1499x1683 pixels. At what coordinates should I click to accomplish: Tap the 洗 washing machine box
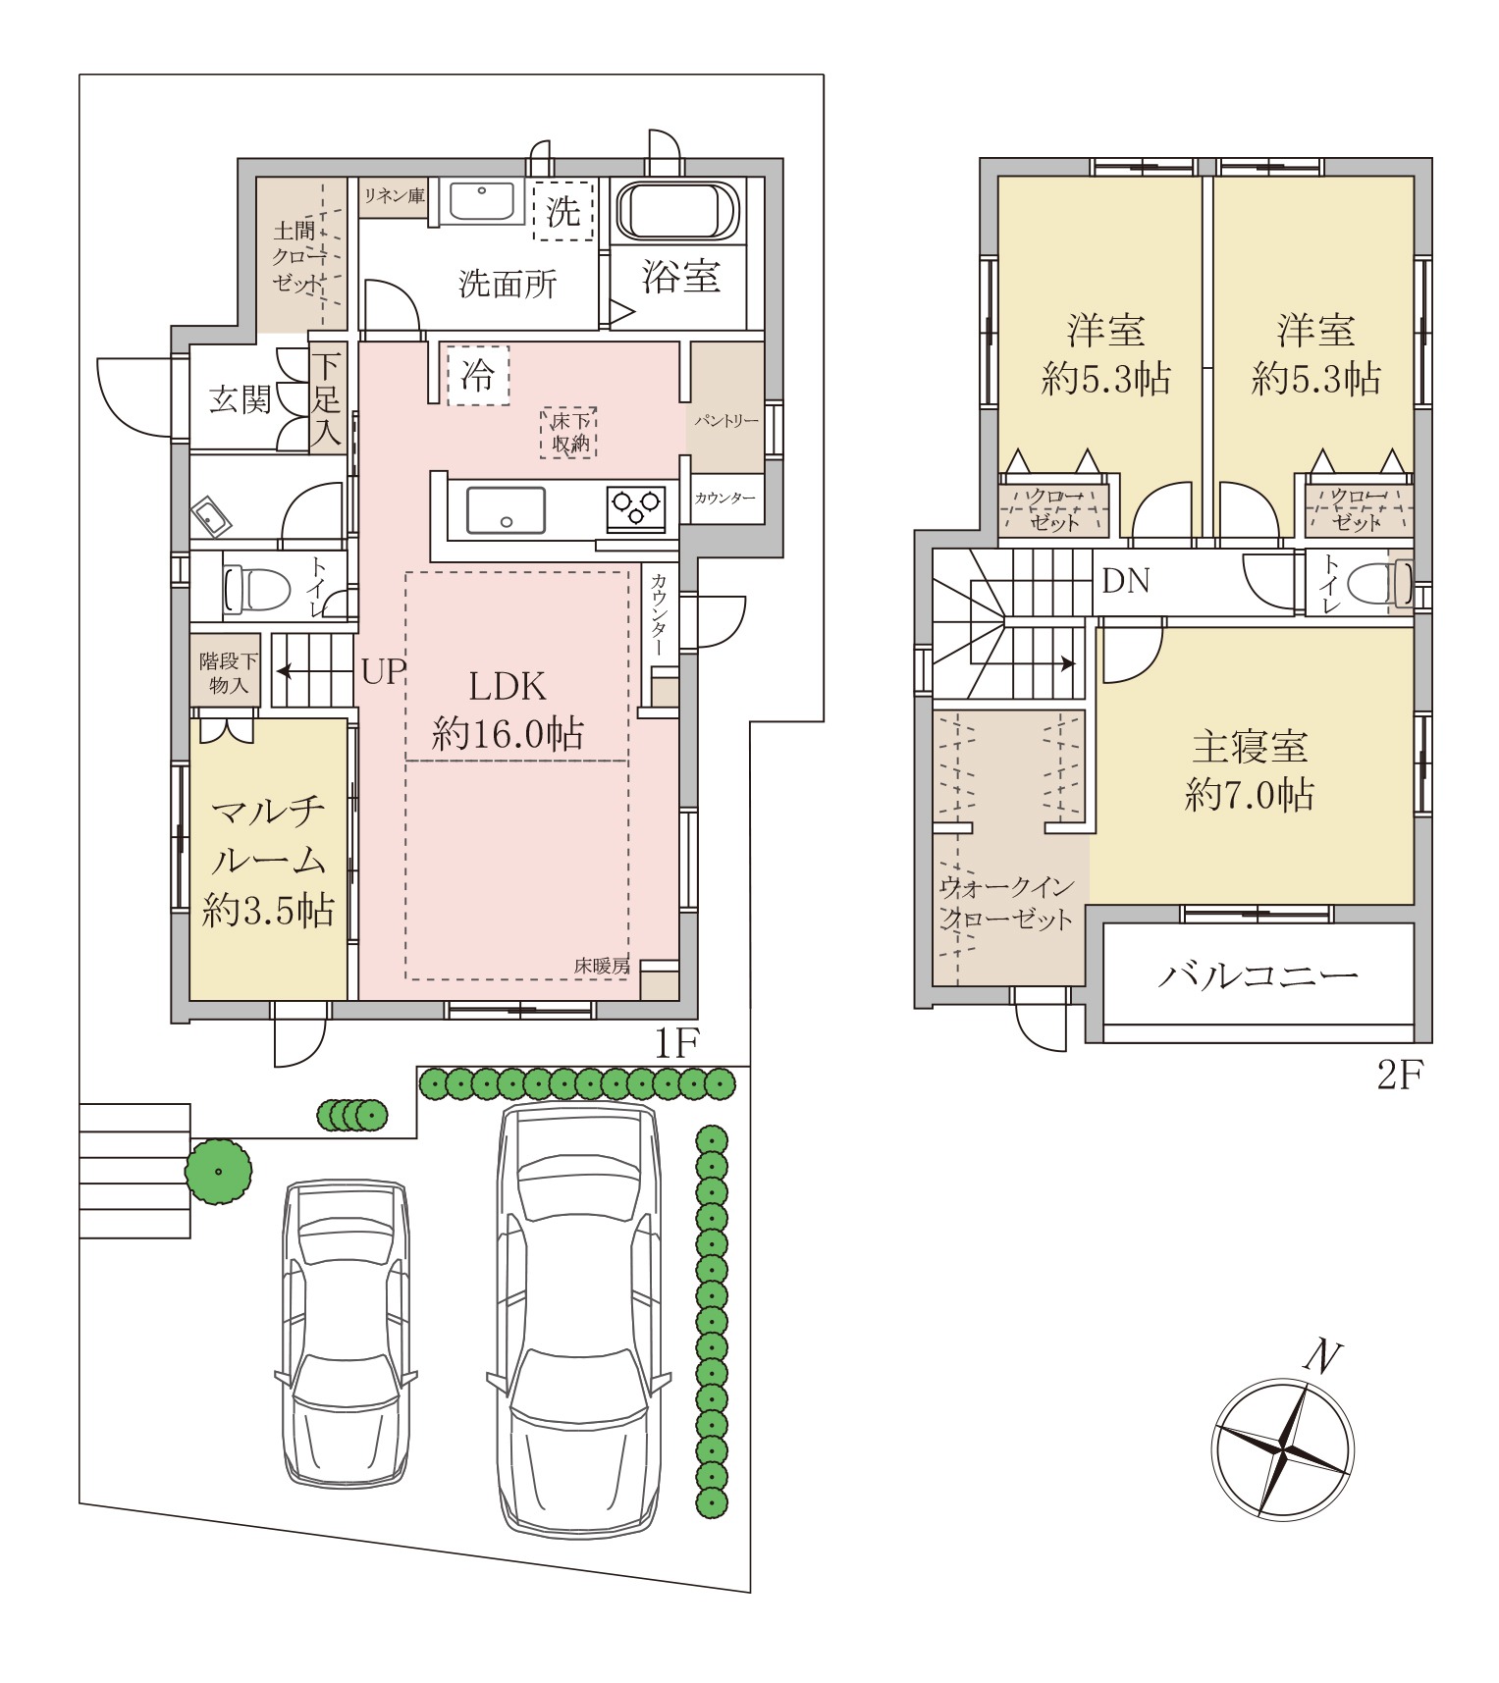point(563,210)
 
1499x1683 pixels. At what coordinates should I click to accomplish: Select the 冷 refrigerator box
point(479,375)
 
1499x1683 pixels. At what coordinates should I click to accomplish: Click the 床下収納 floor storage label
point(569,433)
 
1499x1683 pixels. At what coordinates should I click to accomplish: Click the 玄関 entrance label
point(241,399)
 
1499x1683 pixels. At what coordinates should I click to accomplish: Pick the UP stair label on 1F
point(383,672)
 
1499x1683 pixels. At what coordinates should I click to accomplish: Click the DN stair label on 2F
point(1125,581)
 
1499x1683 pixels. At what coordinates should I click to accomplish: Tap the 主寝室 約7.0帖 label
point(1250,770)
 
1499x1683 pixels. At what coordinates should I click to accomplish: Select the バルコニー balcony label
point(1258,975)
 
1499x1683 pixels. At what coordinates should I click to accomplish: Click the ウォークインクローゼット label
point(1007,903)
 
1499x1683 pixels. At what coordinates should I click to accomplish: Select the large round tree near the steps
point(218,1172)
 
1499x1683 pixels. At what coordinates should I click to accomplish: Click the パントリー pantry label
point(726,421)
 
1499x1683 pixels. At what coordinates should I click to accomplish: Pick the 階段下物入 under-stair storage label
point(228,673)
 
